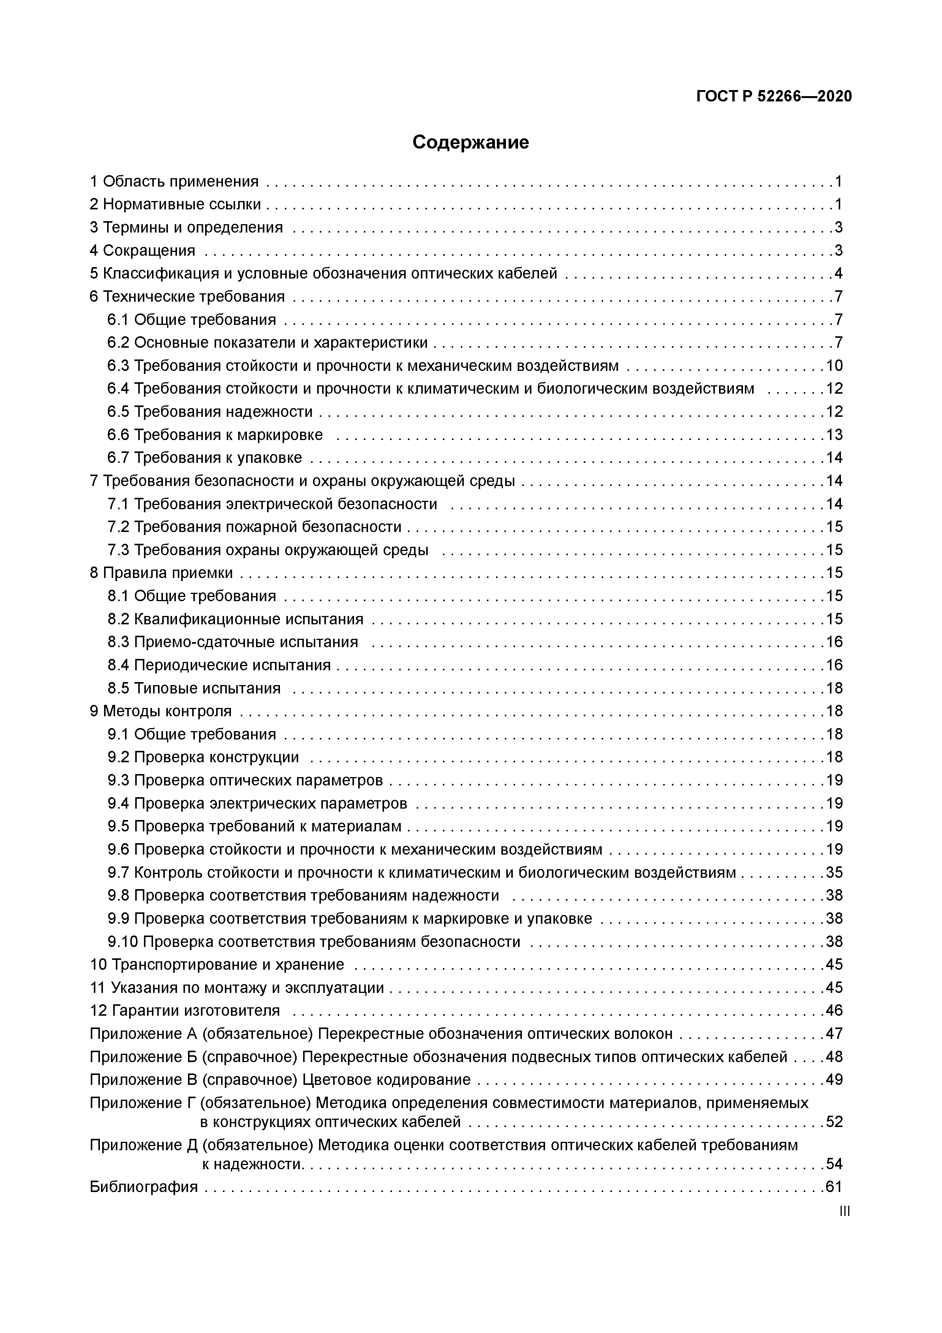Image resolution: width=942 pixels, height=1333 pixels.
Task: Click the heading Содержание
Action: click(x=470, y=142)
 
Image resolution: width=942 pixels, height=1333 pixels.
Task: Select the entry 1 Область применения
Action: click(x=174, y=182)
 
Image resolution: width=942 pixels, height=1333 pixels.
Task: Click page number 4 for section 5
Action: click(x=838, y=274)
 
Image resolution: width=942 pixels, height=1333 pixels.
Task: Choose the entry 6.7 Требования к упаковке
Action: click(x=204, y=458)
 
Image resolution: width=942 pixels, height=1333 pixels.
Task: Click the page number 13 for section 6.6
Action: click(x=834, y=435)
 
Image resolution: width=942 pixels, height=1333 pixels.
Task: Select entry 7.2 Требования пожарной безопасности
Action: click(x=254, y=527)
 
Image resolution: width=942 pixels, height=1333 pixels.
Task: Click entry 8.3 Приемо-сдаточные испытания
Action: click(x=233, y=642)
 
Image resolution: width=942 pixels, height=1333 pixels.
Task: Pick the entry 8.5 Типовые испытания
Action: click(x=194, y=688)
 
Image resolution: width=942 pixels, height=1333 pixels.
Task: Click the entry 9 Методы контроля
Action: click(x=160, y=711)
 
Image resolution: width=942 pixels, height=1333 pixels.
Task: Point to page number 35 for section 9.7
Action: click(x=834, y=872)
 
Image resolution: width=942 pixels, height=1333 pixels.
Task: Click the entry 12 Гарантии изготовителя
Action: click(x=185, y=1011)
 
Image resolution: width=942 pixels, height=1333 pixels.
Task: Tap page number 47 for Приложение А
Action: click(x=834, y=1034)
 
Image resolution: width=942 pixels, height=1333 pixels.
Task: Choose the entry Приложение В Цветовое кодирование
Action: click(x=280, y=1080)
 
